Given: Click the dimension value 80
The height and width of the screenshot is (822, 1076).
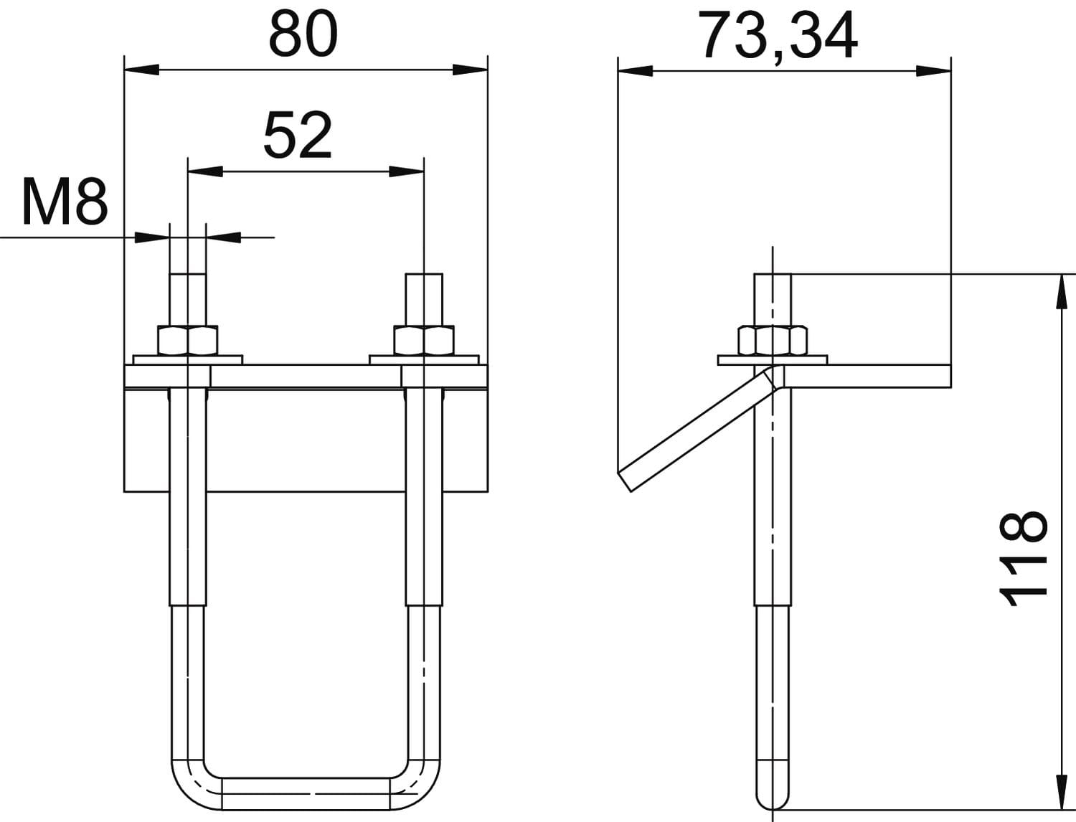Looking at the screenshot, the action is tap(303, 34).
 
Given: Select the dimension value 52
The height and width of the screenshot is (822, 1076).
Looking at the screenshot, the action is tap(298, 135).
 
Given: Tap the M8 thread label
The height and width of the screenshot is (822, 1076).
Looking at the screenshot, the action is tap(65, 202).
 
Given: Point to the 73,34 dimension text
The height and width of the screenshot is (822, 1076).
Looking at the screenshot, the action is tap(778, 36).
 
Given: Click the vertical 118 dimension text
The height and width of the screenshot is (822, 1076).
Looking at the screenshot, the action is tap(1024, 559).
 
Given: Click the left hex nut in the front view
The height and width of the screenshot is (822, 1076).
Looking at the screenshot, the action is tap(188, 340).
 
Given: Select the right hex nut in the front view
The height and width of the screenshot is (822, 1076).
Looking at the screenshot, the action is tap(424, 340).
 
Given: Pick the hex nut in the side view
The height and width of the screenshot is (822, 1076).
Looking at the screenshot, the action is tap(773, 340).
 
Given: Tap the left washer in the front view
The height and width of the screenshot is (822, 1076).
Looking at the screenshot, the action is tap(188, 360).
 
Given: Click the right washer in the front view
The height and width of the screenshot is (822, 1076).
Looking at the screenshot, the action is tap(424, 360).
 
